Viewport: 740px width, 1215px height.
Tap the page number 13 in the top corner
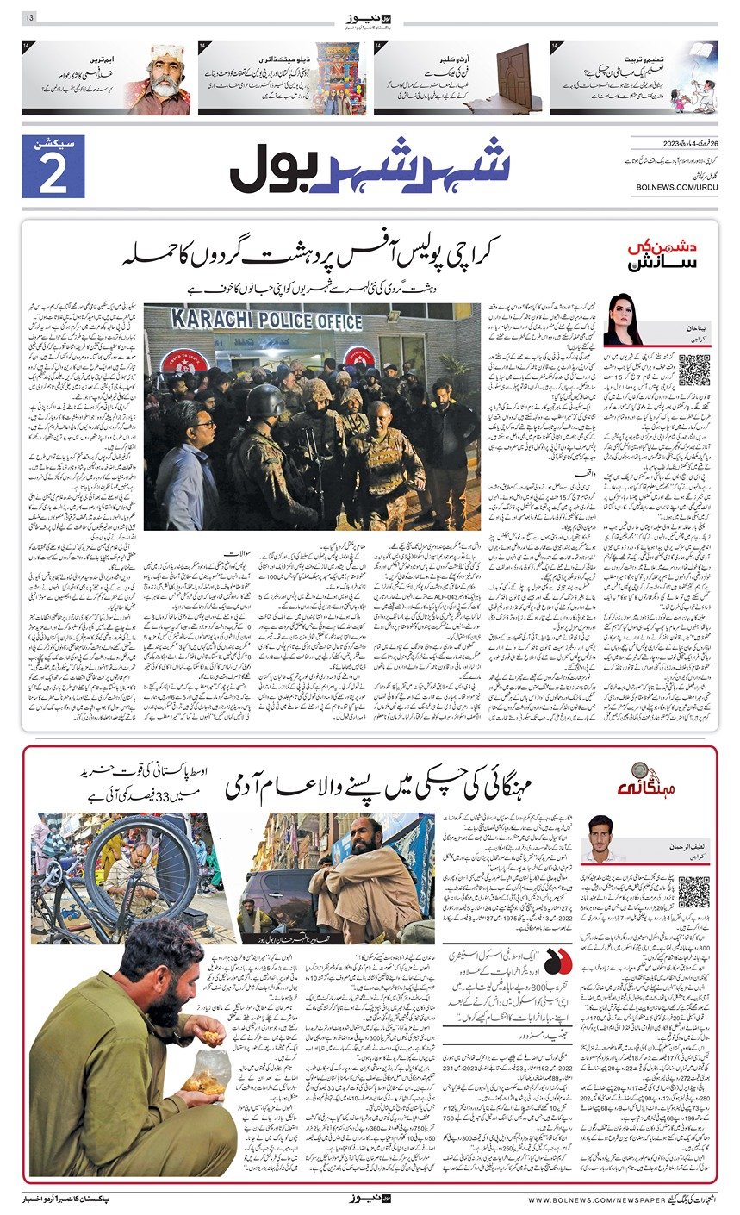[28, 17]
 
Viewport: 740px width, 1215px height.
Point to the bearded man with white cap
[159, 79]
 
